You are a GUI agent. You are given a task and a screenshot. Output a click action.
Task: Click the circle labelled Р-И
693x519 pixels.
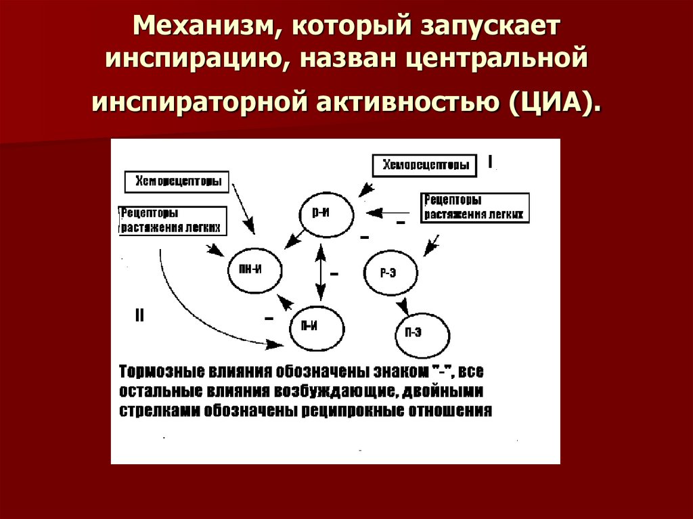pos(326,212)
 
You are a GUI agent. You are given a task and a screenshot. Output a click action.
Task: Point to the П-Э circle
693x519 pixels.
pos(422,333)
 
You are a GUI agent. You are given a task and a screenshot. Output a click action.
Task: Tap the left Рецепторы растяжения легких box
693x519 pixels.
pos(172,221)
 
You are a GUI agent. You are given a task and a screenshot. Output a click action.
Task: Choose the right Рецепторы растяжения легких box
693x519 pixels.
pos(474,207)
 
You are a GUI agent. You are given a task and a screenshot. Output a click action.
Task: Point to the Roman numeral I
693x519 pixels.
pos(490,162)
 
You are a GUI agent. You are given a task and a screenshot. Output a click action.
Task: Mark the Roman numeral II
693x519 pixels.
pos(139,315)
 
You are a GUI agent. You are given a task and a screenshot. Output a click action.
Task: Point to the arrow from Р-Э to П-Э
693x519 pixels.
pos(403,303)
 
